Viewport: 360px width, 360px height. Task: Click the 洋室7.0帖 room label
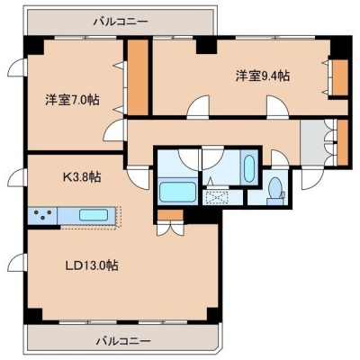point(72,100)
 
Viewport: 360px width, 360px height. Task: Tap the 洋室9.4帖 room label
point(263,76)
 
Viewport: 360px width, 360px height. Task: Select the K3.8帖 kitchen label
point(82,177)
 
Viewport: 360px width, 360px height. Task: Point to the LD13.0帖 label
point(92,265)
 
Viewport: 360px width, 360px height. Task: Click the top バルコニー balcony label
point(121,22)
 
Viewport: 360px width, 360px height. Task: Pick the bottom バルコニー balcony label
point(123,341)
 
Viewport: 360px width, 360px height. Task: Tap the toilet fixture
point(275,189)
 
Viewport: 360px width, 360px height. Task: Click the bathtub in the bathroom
point(177,192)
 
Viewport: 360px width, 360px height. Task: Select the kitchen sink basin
point(94,215)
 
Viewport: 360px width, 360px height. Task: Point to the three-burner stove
point(42,215)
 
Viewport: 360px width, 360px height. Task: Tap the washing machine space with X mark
point(215,198)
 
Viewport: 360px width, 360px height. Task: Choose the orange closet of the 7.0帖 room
point(138,77)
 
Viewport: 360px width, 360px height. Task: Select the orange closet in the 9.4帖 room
point(340,77)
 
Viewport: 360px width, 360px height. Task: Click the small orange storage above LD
point(170,215)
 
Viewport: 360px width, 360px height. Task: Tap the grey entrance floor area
point(313,142)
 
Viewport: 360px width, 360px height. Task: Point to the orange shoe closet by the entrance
point(342,142)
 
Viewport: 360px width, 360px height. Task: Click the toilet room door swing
point(280,158)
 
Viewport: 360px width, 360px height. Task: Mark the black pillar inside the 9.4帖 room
point(206,46)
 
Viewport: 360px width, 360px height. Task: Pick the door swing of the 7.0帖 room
point(114,130)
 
